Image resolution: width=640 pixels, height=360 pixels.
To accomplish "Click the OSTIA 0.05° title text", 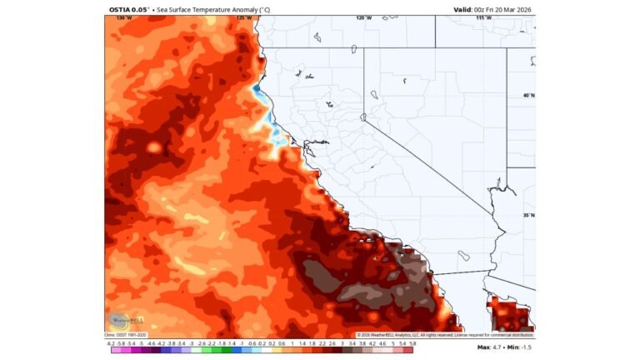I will pos(127,9).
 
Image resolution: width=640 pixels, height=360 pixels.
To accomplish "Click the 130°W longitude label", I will pos(124,17).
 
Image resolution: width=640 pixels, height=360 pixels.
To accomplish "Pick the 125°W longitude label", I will pos(243,17).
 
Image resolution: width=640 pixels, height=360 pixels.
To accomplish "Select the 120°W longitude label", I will pos(363,17).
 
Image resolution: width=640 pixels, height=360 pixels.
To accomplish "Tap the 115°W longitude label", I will pos(482,17).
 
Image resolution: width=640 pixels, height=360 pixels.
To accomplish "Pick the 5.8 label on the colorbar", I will pos(412,342).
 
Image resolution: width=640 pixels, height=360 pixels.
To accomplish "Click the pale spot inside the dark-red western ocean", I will pos(152,147).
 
